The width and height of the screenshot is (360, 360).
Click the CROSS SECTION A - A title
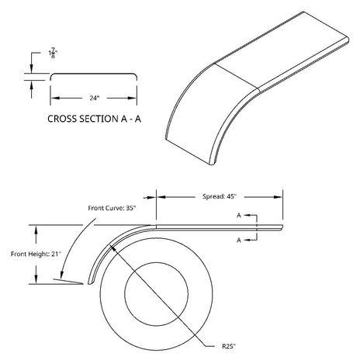(94, 119)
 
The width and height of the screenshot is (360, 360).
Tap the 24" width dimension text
(95, 98)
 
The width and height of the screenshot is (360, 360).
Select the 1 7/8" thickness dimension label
(53, 53)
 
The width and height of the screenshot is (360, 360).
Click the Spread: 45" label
(220, 196)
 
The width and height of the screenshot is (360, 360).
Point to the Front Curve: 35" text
(112, 208)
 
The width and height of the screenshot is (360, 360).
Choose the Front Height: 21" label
(36, 254)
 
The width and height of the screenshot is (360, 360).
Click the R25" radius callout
(229, 346)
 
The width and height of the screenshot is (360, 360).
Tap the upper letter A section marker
(239, 215)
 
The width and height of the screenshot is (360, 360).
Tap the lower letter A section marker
(239, 241)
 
